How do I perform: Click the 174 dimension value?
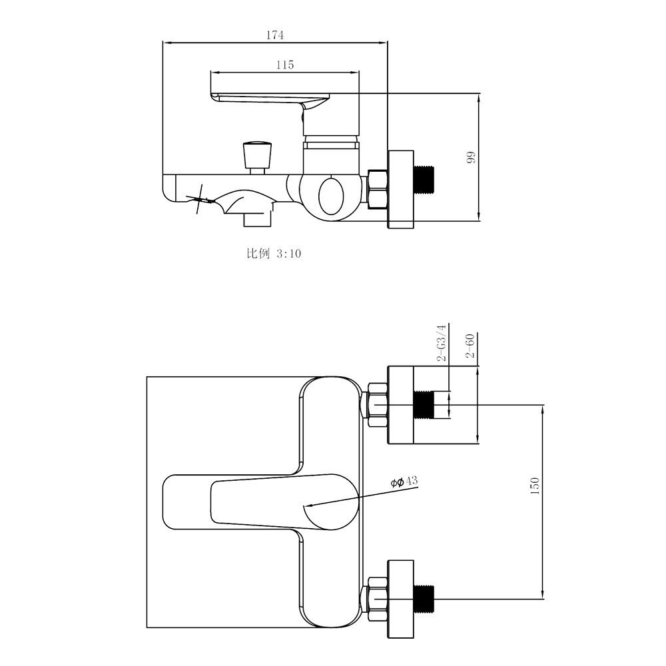[x=275, y=35]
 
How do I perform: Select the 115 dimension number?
[x=285, y=65]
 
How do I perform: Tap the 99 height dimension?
[x=471, y=157]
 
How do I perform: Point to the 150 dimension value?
[x=534, y=486]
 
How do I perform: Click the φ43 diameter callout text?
[x=404, y=482]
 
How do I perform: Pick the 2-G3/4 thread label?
[x=442, y=342]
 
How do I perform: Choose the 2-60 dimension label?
[x=470, y=346]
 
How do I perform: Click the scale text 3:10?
[x=289, y=254]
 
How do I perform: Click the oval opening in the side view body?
[x=332, y=196]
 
